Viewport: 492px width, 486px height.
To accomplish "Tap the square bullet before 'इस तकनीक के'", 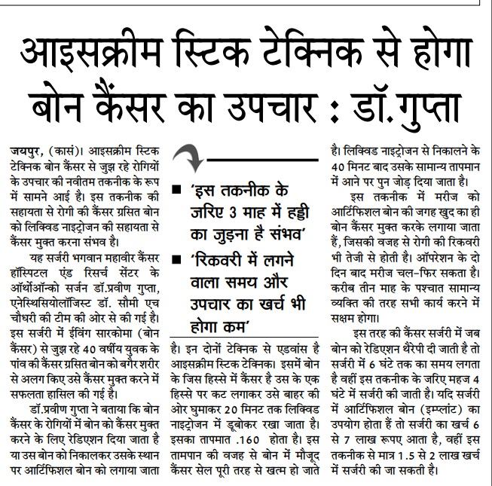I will tap(175, 188).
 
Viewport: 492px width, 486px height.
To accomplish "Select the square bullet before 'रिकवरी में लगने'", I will tap(175, 258).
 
